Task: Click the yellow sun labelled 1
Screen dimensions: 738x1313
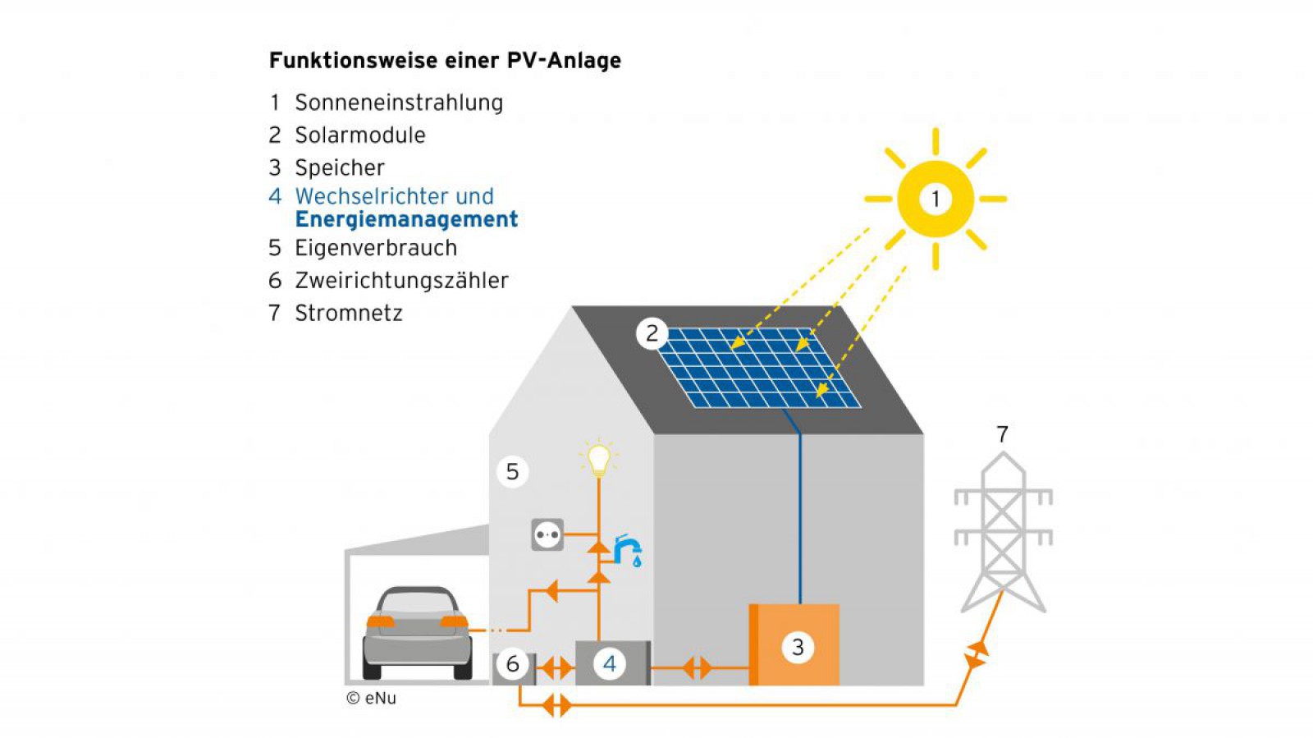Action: [935, 199]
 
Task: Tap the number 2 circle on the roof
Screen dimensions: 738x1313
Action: [652, 333]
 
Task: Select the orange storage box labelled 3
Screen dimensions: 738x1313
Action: [795, 645]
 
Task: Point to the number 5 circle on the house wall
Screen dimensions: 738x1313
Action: [512, 471]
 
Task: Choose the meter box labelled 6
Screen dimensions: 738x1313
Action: [514, 664]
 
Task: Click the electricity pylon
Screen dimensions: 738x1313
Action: [1003, 534]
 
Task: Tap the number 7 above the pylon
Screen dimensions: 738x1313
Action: [1002, 434]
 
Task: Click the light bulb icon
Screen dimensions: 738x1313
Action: [598, 458]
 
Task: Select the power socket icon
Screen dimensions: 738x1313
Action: [547, 535]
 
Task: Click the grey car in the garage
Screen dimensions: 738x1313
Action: [417, 630]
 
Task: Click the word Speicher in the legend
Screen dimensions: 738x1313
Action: [340, 167]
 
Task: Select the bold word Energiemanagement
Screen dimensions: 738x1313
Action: [406, 219]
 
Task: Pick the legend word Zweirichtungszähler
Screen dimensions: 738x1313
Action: [401, 281]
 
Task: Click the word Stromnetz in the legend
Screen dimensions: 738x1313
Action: [349, 314]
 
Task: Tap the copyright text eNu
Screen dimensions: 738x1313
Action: [372, 698]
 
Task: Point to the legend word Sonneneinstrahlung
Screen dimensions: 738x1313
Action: [399, 103]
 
